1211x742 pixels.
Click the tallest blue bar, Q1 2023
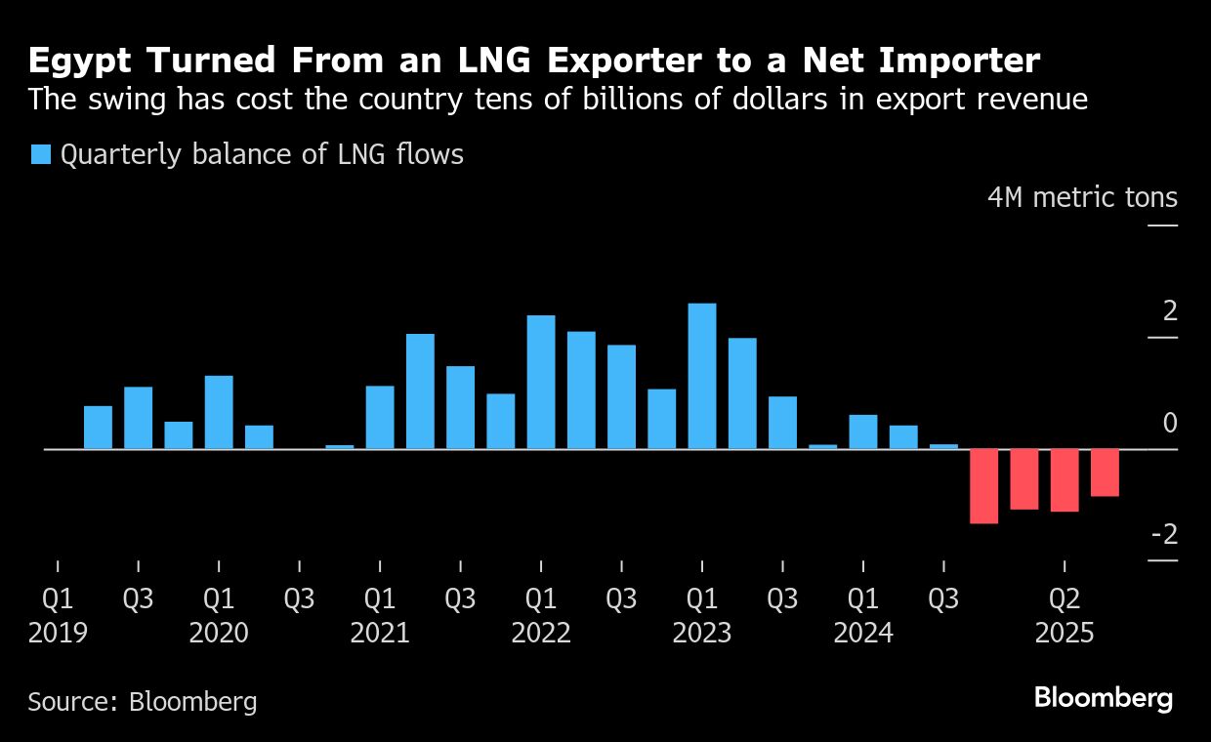tap(702, 376)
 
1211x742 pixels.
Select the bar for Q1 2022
tap(541, 382)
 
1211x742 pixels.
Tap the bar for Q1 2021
tap(380, 417)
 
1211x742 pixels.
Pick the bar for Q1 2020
tap(219, 412)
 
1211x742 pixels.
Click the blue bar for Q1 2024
tap(863, 432)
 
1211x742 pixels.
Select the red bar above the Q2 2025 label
tap(1065, 480)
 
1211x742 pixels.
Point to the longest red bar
tap(983, 486)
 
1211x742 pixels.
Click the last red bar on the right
tap(1105, 473)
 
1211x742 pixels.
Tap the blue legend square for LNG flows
tap(40, 154)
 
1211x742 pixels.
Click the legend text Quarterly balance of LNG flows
tap(262, 154)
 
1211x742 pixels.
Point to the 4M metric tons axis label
tap(1082, 197)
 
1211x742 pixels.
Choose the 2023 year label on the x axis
tap(702, 633)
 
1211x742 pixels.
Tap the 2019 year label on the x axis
tap(58, 633)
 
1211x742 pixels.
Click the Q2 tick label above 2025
tap(1065, 598)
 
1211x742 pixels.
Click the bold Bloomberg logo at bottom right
tap(1103, 698)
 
